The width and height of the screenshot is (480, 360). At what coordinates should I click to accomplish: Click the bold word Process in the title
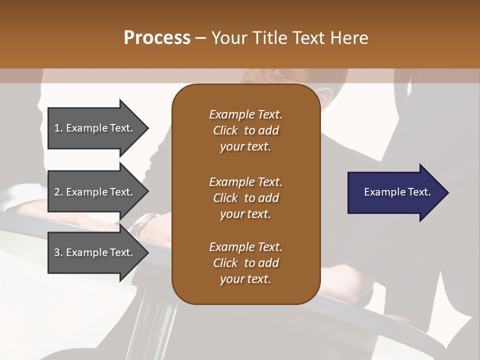click(157, 38)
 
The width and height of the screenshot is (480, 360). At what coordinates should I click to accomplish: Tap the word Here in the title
click(349, 38)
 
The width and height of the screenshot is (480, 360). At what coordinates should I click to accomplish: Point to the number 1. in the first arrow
click(58, 128)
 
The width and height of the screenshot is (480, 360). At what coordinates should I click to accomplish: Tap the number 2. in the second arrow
click(58, 192)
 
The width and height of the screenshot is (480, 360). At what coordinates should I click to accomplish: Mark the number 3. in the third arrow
click(58, 252)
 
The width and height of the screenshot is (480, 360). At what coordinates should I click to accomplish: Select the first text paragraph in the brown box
click(245, 130)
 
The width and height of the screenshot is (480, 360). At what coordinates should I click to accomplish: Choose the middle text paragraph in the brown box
click(245, 197)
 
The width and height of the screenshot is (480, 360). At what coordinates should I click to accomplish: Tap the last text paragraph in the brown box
click(245, 263)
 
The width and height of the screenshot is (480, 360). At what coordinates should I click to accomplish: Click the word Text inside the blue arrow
click(419, 192)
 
